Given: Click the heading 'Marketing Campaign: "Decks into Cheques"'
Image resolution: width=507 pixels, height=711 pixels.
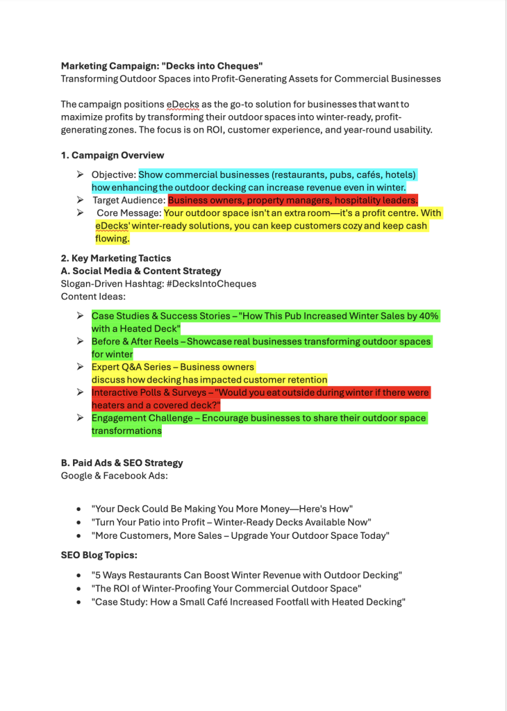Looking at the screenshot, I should tap(161, 66).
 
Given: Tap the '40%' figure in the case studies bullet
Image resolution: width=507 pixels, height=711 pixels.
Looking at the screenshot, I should tap(426, 316).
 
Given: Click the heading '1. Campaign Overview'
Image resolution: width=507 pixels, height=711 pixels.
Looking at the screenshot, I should tap(113, 155).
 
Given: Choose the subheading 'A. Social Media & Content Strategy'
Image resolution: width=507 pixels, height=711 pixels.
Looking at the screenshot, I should tap(141, 271).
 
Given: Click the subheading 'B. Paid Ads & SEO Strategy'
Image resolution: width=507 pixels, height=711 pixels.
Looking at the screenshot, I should tap(122, 462).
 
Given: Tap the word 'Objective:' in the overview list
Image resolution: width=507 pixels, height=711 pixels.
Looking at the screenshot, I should tap(114, 174).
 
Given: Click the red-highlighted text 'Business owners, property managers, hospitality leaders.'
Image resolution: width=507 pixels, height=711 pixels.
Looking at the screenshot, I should tap(292, 200).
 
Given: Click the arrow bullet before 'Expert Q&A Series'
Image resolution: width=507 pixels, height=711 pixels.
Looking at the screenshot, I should tap(81, 367).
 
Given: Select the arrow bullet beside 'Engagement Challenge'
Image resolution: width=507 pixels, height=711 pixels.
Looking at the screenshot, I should tap(81, 418).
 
